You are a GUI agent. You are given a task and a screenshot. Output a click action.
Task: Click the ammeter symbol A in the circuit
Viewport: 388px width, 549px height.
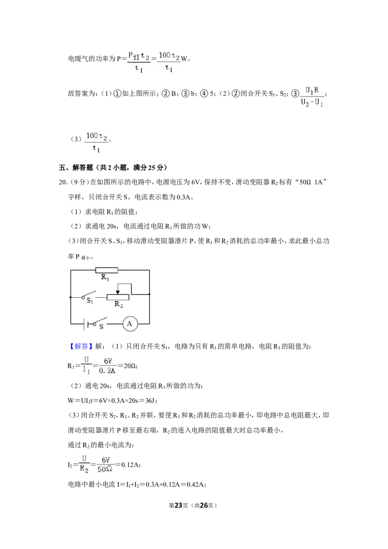(129, 324)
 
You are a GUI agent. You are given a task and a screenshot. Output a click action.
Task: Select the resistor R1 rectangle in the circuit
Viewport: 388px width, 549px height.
(106, 270)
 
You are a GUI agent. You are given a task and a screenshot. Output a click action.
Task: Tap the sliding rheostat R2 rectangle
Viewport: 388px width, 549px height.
(118, 297)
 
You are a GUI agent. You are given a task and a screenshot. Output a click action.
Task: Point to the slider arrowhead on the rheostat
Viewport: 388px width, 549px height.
(118, 292)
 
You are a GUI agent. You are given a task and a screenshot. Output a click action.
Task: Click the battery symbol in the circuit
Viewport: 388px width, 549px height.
(86, 324)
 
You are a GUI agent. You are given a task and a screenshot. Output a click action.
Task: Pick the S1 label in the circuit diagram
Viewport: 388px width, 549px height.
(90, 301)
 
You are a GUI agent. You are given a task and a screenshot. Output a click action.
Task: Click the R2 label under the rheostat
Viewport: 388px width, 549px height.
(118, 304)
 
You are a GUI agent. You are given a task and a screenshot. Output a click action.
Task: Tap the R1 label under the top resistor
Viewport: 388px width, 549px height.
(105, 277)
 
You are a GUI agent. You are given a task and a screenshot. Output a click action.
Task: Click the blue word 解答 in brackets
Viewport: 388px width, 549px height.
(81, 346)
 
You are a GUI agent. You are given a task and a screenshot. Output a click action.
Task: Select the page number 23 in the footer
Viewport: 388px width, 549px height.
(178, 505)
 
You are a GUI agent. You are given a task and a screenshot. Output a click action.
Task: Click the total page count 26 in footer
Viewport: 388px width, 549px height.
(204, 505)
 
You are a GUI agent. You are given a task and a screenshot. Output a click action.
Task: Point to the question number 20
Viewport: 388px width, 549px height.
(63, 182)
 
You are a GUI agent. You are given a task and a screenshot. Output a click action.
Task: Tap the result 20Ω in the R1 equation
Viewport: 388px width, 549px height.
(130, 366)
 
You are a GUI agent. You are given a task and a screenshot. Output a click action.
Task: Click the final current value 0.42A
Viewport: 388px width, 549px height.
(196, 484)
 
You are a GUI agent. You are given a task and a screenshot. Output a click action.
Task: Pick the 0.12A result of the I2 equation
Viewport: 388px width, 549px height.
(130, 465)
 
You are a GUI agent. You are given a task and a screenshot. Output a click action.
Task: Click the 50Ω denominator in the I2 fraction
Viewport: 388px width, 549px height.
(105, 469)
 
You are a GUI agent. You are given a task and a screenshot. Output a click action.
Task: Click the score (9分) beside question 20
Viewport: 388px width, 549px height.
(78, 182)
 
